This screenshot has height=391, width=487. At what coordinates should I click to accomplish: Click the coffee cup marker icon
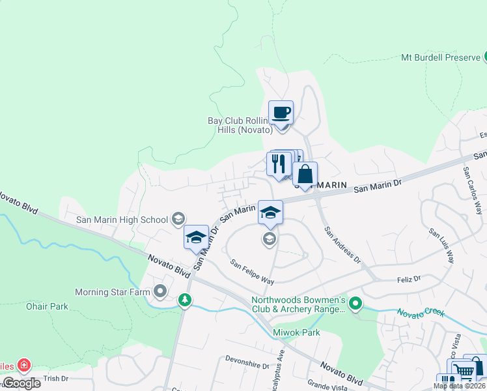click(x=281, y=113)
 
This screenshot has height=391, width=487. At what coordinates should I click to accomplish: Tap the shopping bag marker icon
click(x=305, y=175)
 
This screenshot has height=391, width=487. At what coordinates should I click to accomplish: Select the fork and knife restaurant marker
click(x=279, y=163)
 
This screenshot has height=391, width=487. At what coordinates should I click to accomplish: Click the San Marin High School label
click(x=122, y=220)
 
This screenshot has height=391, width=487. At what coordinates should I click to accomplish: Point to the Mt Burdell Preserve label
click(x=440, y=57)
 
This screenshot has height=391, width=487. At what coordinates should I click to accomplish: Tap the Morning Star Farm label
click(x=113, y=292)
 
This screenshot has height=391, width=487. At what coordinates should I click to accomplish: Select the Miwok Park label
click(x=298, y=332)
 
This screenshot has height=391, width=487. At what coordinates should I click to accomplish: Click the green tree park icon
click(x=185, y=300)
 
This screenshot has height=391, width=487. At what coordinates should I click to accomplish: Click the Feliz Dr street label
click(x=409, y=278)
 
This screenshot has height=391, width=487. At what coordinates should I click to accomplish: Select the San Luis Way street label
click(x=441, y=245)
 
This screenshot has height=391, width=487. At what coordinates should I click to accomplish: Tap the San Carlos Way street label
click(x=472, y=190)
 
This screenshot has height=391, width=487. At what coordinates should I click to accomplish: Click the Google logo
click(x=21, y=383)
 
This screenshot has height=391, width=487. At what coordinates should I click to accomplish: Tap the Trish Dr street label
click(x=56, y=378)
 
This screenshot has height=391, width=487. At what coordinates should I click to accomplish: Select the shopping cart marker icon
click(x=463, y=371)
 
